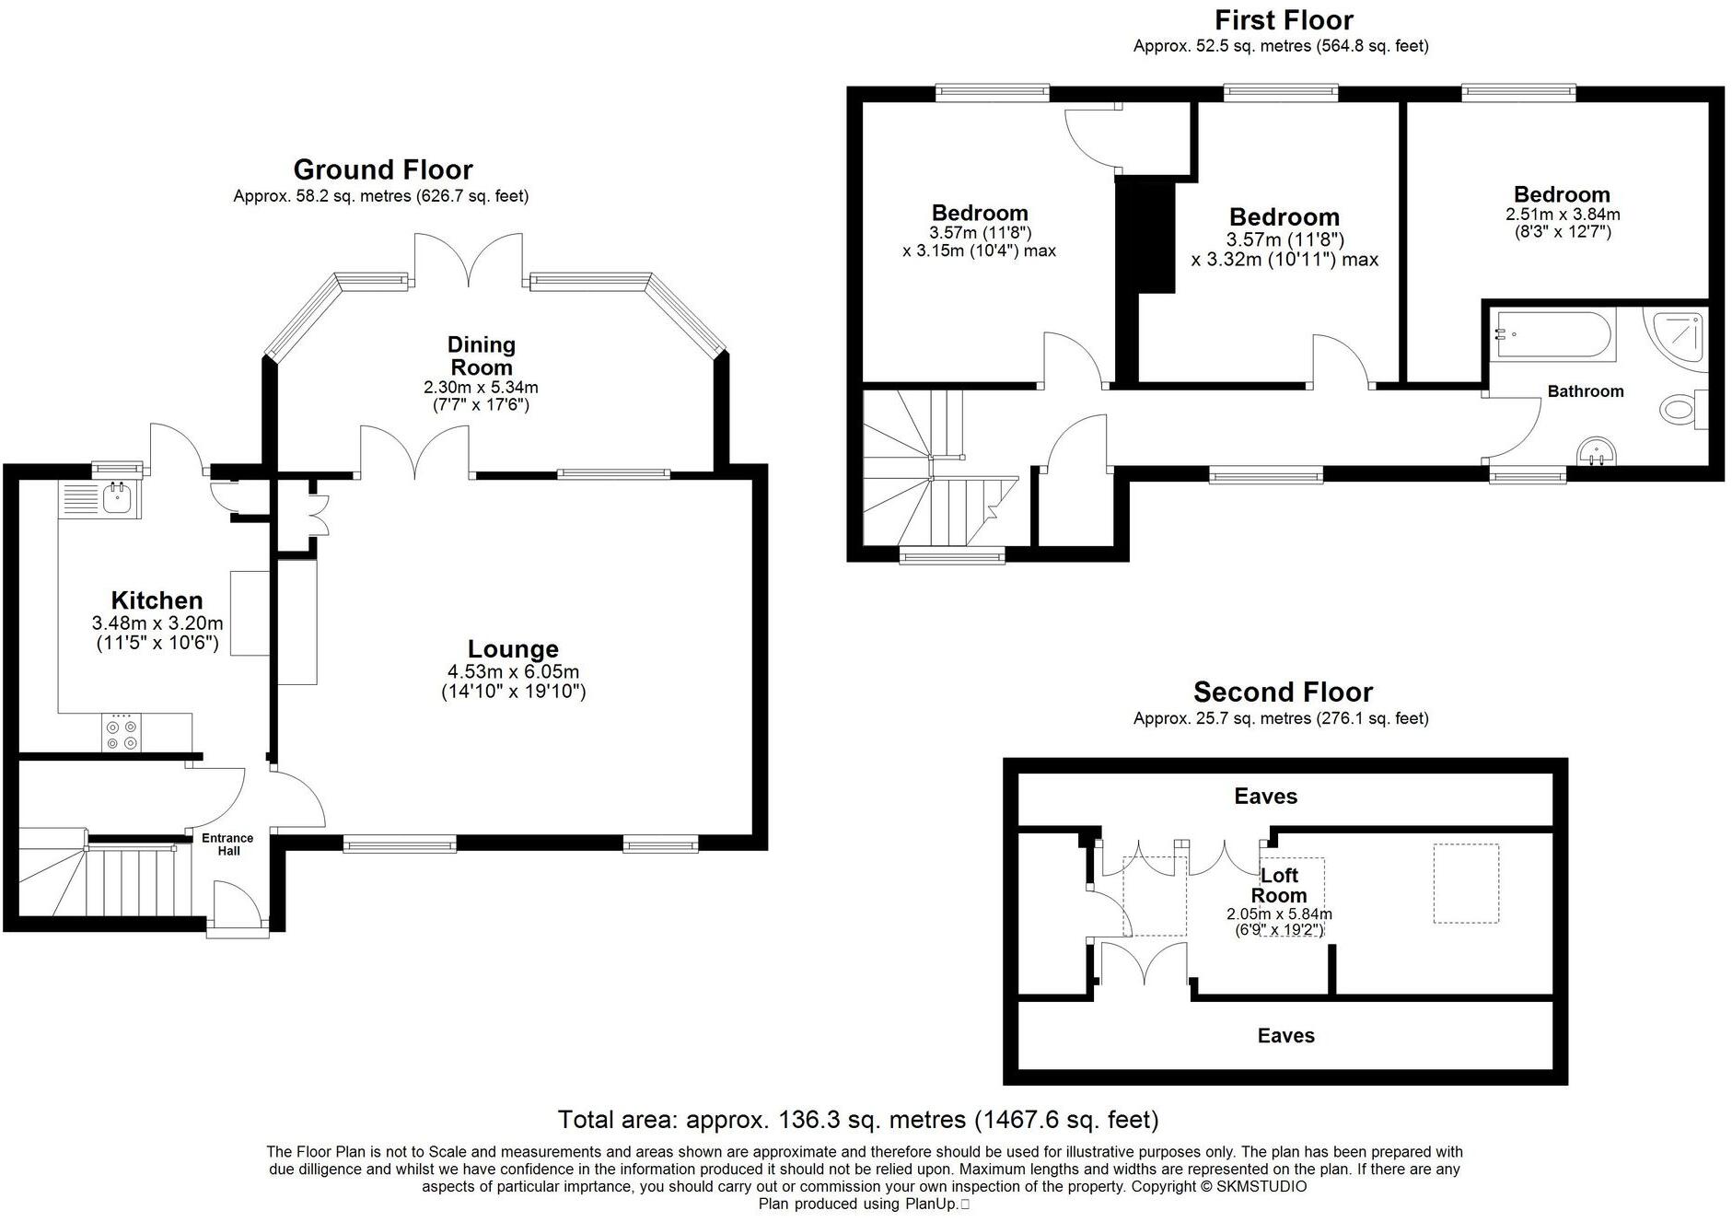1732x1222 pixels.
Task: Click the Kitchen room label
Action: click(x=157, y=600)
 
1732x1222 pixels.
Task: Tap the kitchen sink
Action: click(x=117, y=498)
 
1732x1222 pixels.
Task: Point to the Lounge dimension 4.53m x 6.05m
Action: click(x=513, y=672)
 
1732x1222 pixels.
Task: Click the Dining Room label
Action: click(x=482, y=355)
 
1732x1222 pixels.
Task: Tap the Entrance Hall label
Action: click(x=227, y=844)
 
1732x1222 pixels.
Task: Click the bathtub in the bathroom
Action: click(x=1553, y=335)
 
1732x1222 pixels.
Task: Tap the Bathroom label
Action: click(x=1585, y=391)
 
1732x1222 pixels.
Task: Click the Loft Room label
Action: click(x=1278, y=885)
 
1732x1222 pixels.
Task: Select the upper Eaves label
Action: click(x=1265, y=797)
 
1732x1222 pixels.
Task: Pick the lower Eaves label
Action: click(x=1285, y=1036)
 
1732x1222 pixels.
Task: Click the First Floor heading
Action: click(x=1284, y=20)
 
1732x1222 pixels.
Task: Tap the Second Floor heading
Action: click(x=1283, y=692)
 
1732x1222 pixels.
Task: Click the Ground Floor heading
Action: click(x=383, y=169)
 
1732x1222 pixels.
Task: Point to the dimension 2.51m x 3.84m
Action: click(x=1563, y=215)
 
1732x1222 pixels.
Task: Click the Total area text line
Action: click(x=857, y=1120)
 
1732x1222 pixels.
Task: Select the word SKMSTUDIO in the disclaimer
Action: click(x=1261, y=1187)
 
